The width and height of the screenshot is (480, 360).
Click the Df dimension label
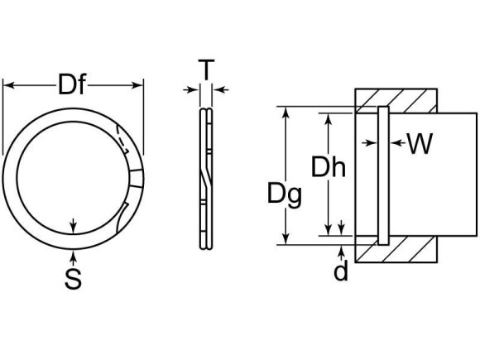pos(74,84)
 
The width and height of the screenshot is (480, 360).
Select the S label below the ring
pos(74,280)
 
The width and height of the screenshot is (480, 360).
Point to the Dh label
pos(328,168)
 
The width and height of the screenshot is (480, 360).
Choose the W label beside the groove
pos(420,144)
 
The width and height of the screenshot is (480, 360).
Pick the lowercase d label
pos(341,271)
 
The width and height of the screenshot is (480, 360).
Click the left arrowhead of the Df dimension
pos(7,84)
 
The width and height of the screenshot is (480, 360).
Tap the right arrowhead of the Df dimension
pos(141,84)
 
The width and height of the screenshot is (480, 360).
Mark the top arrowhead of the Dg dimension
pos(286,110)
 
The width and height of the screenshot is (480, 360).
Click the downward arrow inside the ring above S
pos(74,226)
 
